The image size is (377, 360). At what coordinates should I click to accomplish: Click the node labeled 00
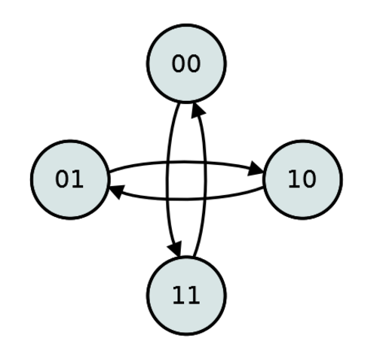pyautogui.click(x=186, y=63)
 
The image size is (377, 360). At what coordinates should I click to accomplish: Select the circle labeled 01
pyautogui.click(x=70, y=179)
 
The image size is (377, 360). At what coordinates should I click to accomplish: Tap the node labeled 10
pyautogui.click(x=302, y=179)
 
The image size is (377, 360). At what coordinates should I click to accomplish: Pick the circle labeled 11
pyautogui.click(x=186, y=296)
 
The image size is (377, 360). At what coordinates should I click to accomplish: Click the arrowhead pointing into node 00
pyautogui.click(x=198, y=110)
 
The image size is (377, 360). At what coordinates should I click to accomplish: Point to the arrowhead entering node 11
pyautogui.click(x=175, y=249)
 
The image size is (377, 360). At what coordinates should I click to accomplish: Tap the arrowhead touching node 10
pyautogui.click(x=256, y=168)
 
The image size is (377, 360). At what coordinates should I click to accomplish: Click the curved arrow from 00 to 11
pyautogui.click(x=167, y=179)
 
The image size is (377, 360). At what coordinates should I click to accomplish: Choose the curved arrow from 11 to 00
pyautogui.click(x=205, y=179)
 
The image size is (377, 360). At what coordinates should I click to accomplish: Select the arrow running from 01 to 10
pyautogui.click(x=186, y=163)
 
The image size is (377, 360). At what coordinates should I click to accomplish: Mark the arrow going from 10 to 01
pyautogui.click(x=186, y=199)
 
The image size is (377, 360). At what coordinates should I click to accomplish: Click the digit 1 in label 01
pyautogui.click(x=77, y=179)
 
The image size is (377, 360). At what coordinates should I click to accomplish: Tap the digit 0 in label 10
pyautogui.click(x=308, y=179)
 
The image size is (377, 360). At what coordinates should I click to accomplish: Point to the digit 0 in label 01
pyautogui.click(x=62, y=179)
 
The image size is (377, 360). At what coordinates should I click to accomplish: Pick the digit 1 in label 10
pyautogui.click(x=294, y=179)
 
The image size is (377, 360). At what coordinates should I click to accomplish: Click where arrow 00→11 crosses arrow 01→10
pyautogui.click(x=167, y=163)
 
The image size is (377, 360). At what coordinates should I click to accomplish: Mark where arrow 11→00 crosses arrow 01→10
pyautogui.click(x=205, y=163)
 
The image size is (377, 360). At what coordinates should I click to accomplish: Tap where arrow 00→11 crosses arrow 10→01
pyautogui.click(x=167, y=199)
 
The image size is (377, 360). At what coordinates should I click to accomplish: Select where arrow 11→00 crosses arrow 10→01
pyautogui.click(x=205, y=198)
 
